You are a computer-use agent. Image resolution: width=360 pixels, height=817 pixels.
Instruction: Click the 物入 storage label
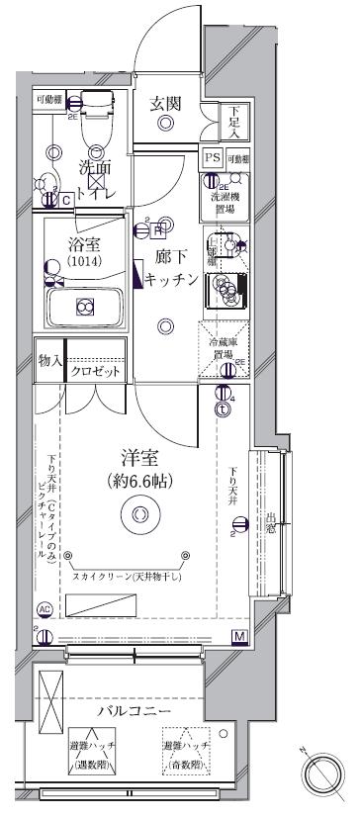click(51, 363)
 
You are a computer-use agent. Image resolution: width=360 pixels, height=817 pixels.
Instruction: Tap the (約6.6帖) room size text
click(140, 483)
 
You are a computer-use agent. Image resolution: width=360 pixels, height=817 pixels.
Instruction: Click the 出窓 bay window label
click(269, 523)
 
